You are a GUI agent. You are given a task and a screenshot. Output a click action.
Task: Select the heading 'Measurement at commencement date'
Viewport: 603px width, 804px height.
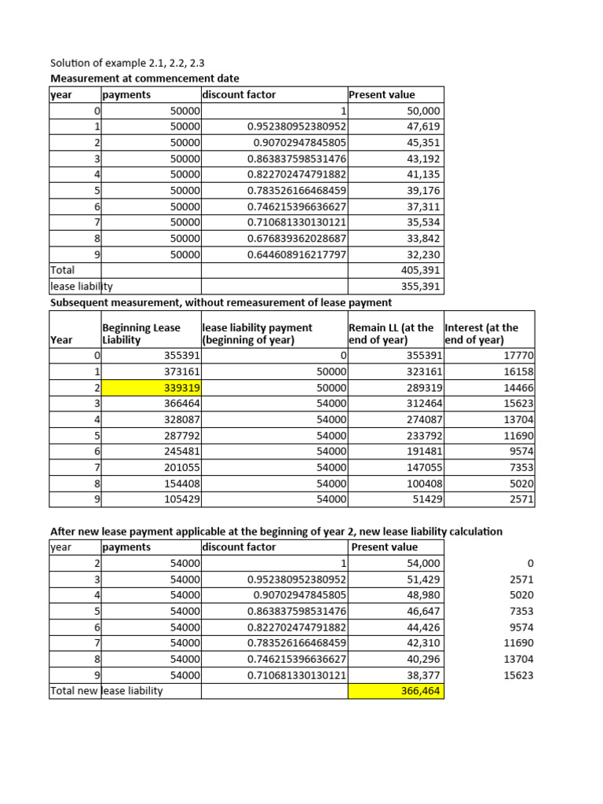[x=145, y=79]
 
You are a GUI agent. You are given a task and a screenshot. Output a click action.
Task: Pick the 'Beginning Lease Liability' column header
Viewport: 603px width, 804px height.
[x=141, y=334]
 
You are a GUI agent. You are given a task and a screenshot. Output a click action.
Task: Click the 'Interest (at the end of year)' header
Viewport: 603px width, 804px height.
[x=481, y=334]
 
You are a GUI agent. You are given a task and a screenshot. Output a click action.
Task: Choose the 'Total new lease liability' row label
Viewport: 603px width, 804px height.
[x=107, y=691]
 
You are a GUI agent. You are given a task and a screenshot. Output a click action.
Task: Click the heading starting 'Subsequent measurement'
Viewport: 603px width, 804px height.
[x=221, y=302]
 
